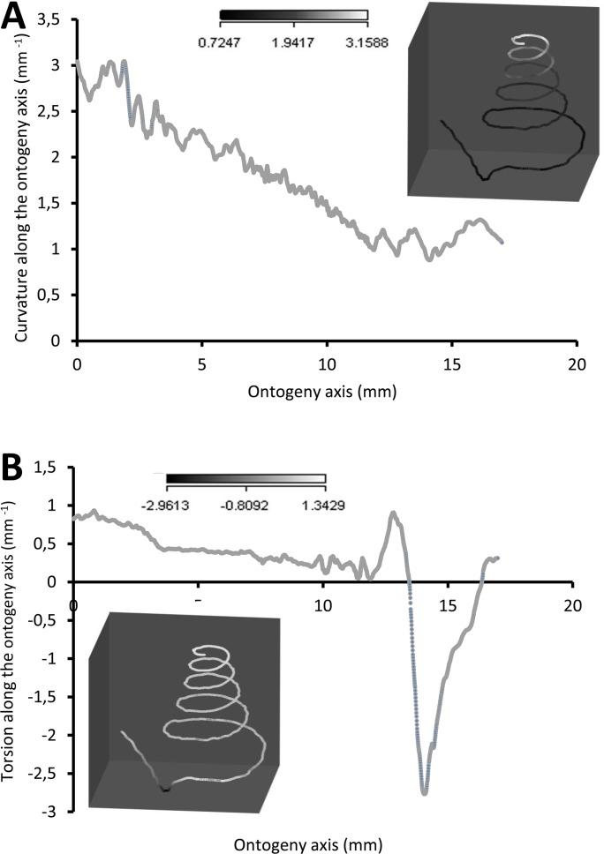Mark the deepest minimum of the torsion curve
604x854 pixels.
[425, 793]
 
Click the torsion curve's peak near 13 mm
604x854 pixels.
[394, 513]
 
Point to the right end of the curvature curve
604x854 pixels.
[502, 241]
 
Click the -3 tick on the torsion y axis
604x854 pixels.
[57, 811]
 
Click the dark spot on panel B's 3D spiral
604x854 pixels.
[165, 789]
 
